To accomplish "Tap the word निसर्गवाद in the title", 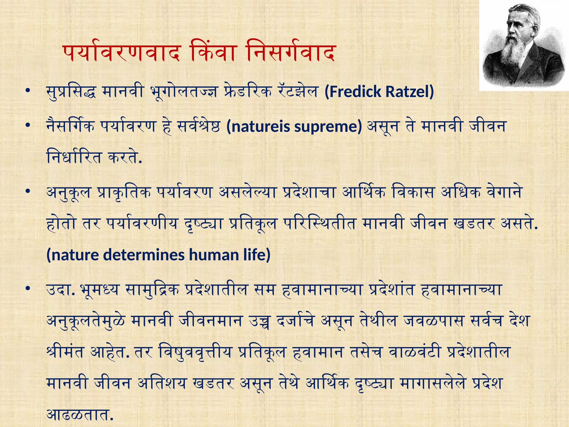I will [x=290, y=53].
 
